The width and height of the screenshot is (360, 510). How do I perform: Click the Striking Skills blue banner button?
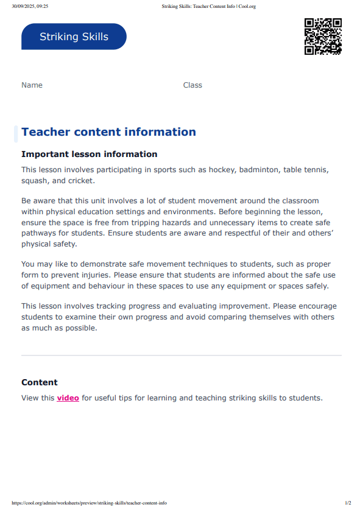tap(74, 37)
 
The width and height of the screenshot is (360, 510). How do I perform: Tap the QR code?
tap(322, 37)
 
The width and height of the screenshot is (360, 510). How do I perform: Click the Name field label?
tap(32, 85)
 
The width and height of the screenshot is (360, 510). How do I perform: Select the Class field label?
tap(192, 85)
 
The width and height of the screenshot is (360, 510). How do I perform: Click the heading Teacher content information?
tap(108, 132)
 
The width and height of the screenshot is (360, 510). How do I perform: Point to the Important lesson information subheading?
tap(89, 155)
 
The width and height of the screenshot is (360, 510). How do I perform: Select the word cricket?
tap(82, 181)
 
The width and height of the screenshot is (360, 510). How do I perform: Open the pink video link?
tap(68, 398)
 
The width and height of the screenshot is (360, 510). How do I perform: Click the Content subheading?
tap(40, 382)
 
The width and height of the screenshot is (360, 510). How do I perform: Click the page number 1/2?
tap(348, 503)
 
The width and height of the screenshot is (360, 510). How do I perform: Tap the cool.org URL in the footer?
tap(89, 503)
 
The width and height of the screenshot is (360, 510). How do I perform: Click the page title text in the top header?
tap(208, 6)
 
